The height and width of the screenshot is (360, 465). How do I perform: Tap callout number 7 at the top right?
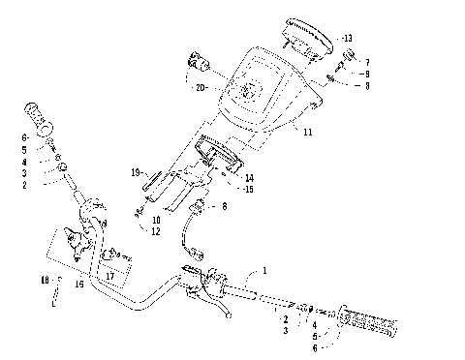click(366, 62)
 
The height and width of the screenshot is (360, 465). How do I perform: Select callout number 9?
click(366, 74)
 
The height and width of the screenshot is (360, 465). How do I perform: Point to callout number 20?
click(201, 88)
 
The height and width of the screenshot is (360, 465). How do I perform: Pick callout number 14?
click(250, 177)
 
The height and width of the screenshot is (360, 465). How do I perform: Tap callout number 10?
click(156, 220)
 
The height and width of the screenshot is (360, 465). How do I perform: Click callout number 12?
click(156, 230)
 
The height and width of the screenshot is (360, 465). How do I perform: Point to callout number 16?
click(79, 284)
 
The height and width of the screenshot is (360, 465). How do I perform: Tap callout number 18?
click(44, 281)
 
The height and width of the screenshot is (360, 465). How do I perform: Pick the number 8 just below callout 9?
click(366, 85)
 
